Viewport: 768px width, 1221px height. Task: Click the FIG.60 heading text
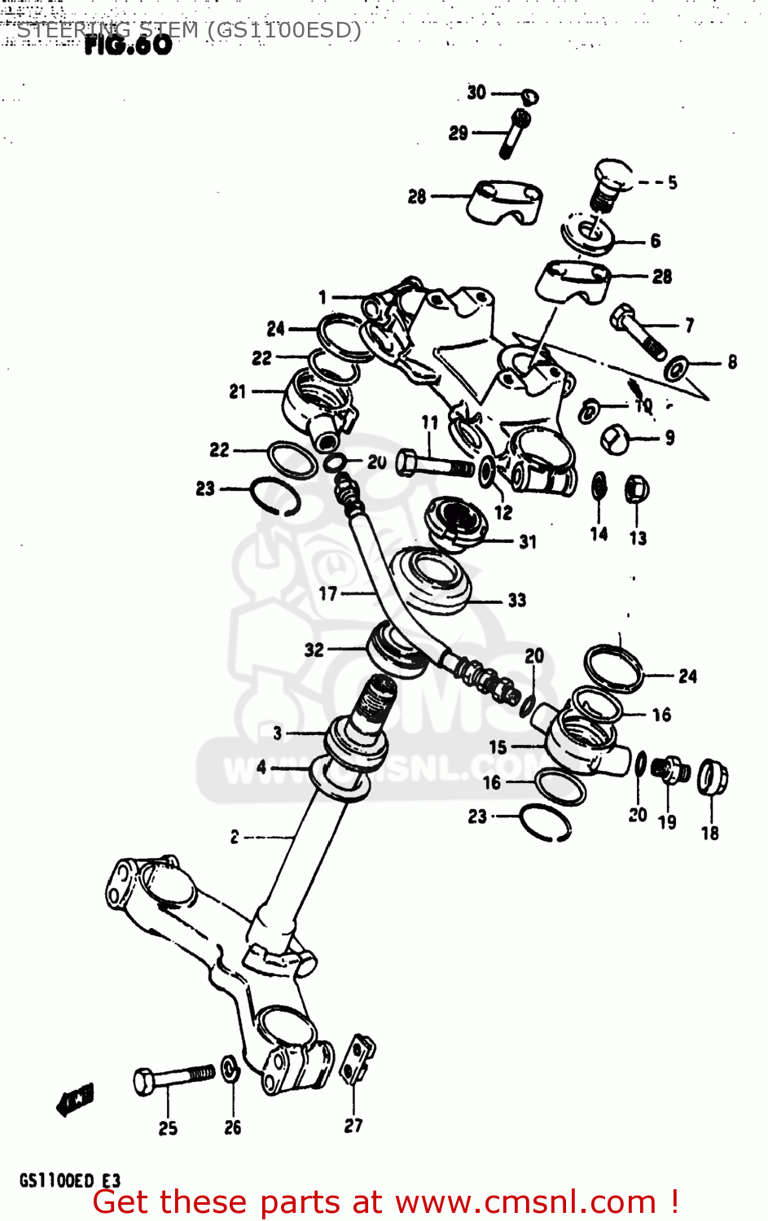(x=128, y=45)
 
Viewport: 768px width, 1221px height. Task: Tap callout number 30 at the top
(x=476, y=93)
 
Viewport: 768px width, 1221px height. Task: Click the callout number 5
(x=673, y=182)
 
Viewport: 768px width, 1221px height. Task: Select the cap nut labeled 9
(x=613, y=439)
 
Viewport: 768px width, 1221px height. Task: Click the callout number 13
(x=638, y=538)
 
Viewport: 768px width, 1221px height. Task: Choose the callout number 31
(x=528, y=541)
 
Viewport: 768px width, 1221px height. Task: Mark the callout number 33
(x=517, y=601)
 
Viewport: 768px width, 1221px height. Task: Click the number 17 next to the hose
(x=328, y=593)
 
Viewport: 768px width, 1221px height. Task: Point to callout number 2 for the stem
(x=235, y=837)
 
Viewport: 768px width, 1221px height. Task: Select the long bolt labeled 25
(x=173, y=1079)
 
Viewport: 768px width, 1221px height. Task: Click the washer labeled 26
(x=230, y=1070)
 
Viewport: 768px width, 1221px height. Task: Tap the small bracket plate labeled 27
(x=358, y=1061)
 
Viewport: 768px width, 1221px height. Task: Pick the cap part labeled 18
(x=712, y=779)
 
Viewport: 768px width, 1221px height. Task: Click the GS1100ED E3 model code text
(x=69, y=1180)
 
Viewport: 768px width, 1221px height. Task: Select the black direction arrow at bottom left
(x=75, y=1100)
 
